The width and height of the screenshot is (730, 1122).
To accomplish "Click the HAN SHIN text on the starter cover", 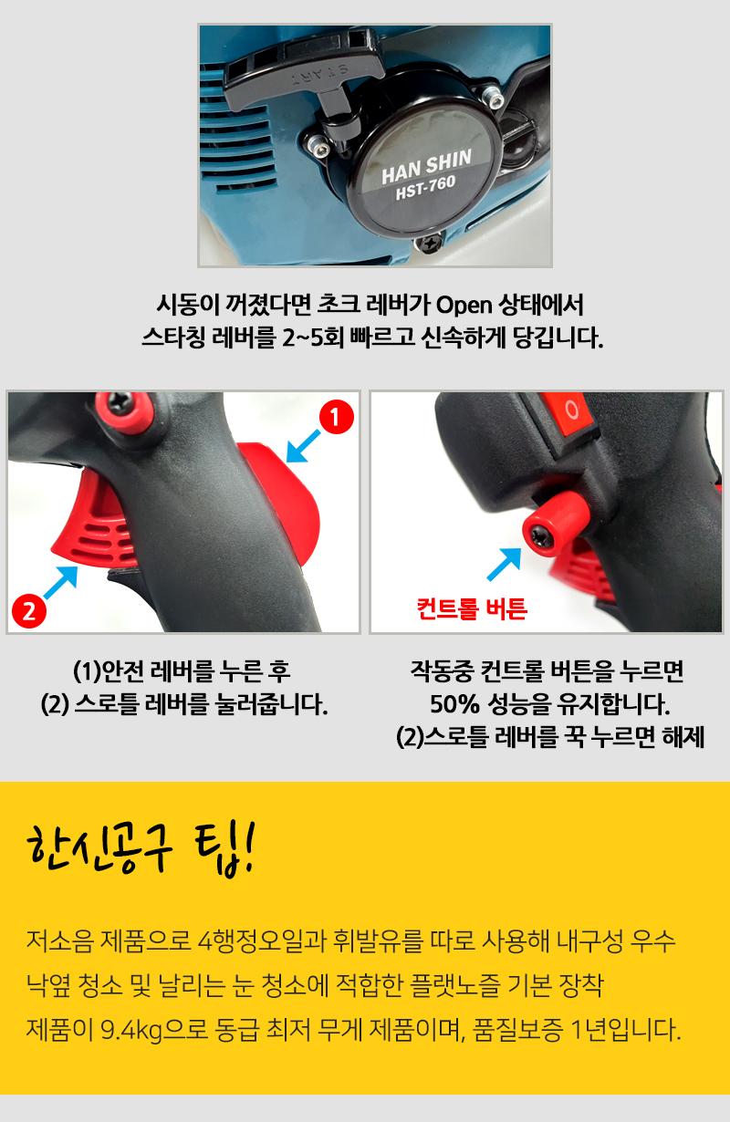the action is [x=426, y=166].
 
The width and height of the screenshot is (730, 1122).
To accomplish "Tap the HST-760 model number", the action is [x=425, y=187].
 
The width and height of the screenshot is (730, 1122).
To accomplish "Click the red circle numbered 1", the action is [x=337, y=416].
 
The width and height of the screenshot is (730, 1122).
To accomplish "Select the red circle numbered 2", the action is [x=29, y=611].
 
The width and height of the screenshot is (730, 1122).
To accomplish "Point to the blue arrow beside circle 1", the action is [x=303, y=446].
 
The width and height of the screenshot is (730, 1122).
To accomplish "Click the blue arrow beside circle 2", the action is [x=61, y=582].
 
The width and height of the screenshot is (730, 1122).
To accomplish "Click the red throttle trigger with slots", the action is [x=95, y=526].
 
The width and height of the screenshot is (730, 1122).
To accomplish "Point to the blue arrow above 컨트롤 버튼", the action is [x=505, y=565].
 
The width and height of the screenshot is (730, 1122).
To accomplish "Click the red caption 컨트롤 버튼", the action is [x=472, y=609].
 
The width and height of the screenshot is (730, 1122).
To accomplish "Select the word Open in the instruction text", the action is [x=464, y=305].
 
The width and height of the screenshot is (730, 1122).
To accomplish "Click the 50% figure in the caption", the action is [x=454, y=703].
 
